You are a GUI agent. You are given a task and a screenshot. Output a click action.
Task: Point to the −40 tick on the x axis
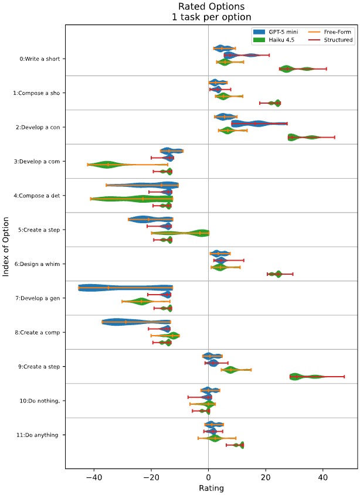tap(94, 477)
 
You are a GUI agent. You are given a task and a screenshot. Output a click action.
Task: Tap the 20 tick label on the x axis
tap(266, 477)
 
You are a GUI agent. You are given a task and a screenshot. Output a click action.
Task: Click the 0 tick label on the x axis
tap(209, 477)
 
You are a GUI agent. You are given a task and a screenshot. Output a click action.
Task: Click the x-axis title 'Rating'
tap(211, 487)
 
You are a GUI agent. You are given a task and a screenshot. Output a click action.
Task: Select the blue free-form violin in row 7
tap(125, 288)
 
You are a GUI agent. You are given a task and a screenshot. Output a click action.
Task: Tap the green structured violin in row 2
tap(302, 137)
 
